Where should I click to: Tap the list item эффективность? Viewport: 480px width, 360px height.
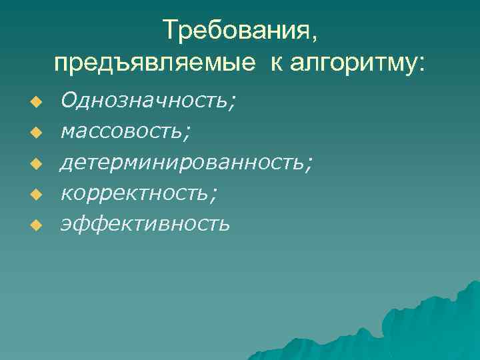(145, 223)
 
